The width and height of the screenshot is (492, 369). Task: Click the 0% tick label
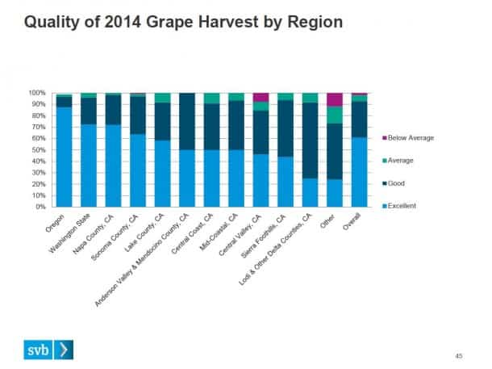(39, 207)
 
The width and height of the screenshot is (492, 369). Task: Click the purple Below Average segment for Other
(334, 99)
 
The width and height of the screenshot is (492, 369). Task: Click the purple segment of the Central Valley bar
(261, 97)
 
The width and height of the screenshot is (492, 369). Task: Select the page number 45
(458, 354)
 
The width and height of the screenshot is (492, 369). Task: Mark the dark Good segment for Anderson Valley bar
(187, 121)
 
